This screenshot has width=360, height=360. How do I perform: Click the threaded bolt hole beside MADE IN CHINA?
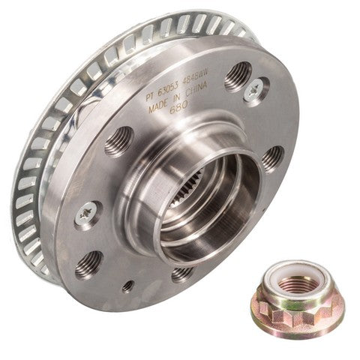coord(238,74)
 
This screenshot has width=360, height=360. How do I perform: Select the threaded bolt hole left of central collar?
coord(118,141)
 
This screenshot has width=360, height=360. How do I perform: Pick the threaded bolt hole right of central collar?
coord(271,157)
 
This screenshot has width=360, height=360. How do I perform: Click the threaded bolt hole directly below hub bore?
coord(182,273)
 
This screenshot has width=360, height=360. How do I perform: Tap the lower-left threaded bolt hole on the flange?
coord(89,262)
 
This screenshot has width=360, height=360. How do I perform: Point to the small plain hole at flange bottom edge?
coord(128,286)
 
